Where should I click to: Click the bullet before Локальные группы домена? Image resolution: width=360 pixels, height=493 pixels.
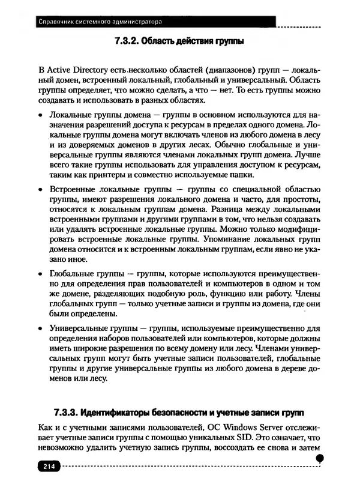click(x=40, y=113)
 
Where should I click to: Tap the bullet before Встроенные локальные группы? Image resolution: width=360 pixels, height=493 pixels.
click(x=40, y=189)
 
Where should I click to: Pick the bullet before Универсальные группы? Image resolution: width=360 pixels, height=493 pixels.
click(x=40, y=330)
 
